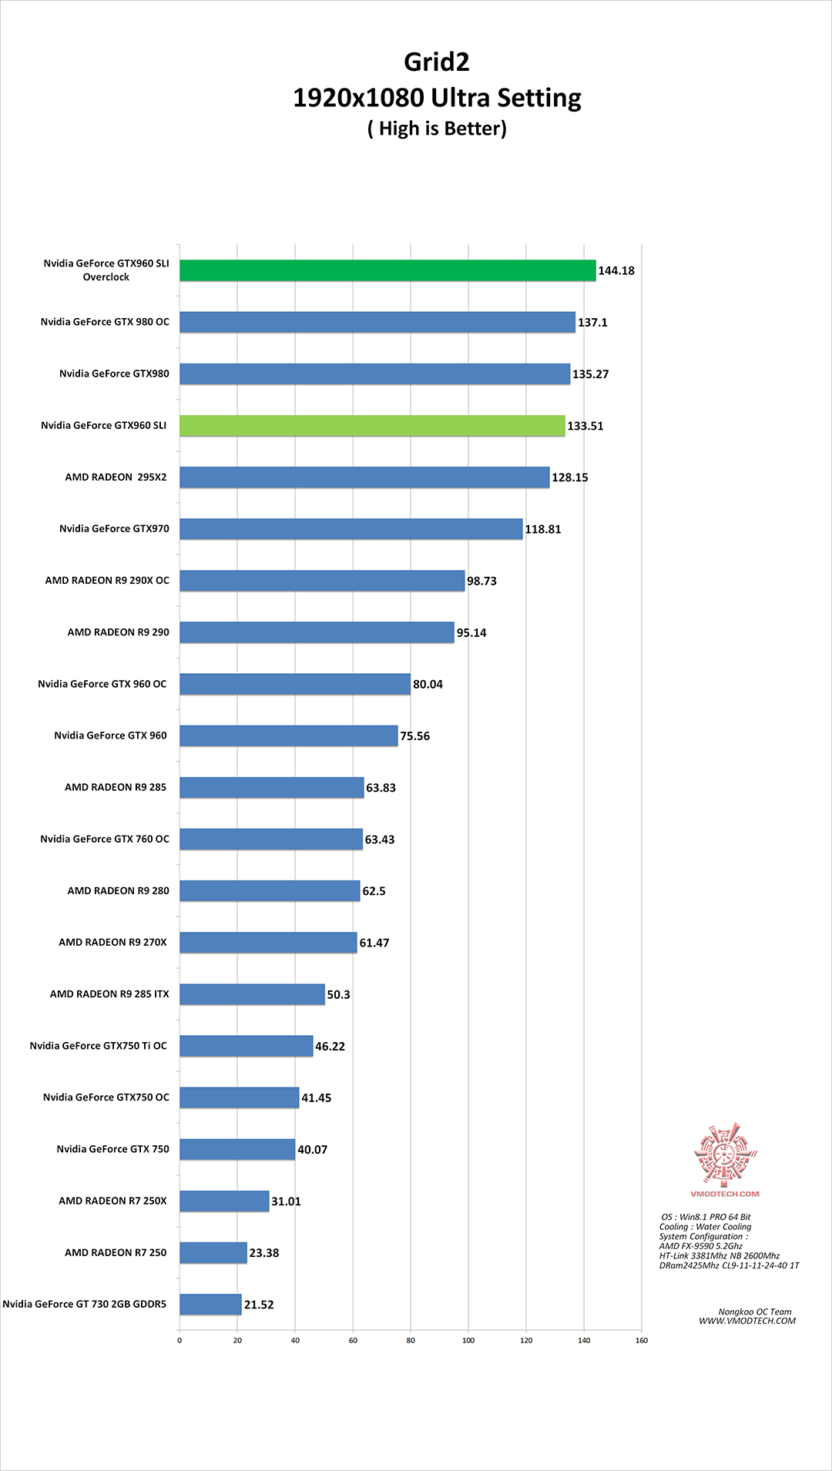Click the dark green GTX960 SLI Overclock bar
(387, 270)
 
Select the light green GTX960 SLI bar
(372, 425)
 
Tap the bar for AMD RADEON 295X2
(364, 477)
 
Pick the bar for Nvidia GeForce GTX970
(351, 528)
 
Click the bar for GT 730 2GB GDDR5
(210, 1304)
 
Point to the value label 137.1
(592, 323)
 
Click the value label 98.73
(481, 581)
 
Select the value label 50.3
(338, 994)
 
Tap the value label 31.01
(286, 1201)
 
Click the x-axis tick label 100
(468, 1340)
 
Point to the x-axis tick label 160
(642, 1340)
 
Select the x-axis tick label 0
(179, 1340)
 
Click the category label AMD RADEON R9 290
(118, 632)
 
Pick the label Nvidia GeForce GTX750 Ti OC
(98, 1046)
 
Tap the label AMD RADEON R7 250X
(112, 1201)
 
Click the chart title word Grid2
(437, 62)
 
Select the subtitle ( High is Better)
(437, 129)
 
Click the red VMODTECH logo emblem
(725, 1153)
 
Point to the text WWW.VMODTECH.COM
(747, 1321)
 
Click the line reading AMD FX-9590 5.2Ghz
(700, 1245)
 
